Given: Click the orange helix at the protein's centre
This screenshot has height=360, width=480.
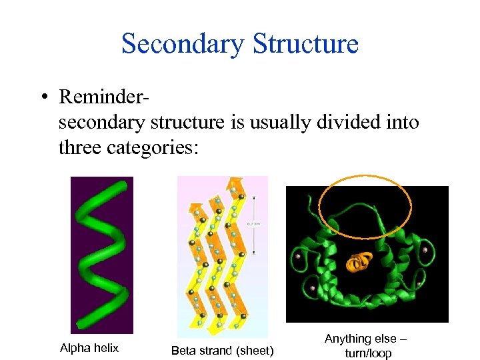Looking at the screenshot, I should (358, 262).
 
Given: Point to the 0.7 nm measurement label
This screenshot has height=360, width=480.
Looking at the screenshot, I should (253, 224).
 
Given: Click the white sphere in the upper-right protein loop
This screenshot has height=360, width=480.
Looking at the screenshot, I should (424, 250).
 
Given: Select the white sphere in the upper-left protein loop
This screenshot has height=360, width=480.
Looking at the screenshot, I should (297, 256).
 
